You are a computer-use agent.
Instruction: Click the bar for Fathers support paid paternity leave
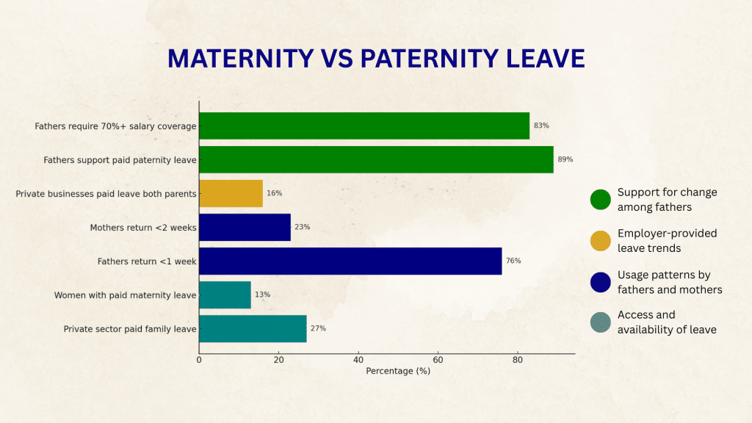(x=376, y=159)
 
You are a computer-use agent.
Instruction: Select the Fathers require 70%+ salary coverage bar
(x=364, y=126)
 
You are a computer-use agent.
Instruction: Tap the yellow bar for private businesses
(x=231, y=193)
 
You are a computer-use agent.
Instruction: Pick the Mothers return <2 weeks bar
(x=245, y=227)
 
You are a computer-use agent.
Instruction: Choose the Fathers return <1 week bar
(x=350, y=261)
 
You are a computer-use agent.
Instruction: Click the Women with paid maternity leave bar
(x=225, y=294)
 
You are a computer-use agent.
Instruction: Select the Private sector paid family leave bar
(x=253, y=328)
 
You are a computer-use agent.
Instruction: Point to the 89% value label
(x=565, y=159)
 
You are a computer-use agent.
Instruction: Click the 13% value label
(x=262, y=294)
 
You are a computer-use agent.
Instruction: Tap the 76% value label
(x=513, y=261)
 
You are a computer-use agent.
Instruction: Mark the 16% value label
(x=274, y=193)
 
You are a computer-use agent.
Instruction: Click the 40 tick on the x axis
(x=358, y=360)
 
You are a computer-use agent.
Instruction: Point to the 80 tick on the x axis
(x=518, y=360)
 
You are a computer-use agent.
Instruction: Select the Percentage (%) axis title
(x=398, y=371)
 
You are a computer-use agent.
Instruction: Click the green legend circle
(x=600, y=200)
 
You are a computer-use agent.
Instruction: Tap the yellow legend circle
(x=600, y=241)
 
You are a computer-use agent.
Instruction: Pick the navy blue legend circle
(x=600, y=282)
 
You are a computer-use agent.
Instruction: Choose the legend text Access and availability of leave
(x=666, y=322)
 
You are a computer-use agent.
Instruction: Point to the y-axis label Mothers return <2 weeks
(x=143, y=228)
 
